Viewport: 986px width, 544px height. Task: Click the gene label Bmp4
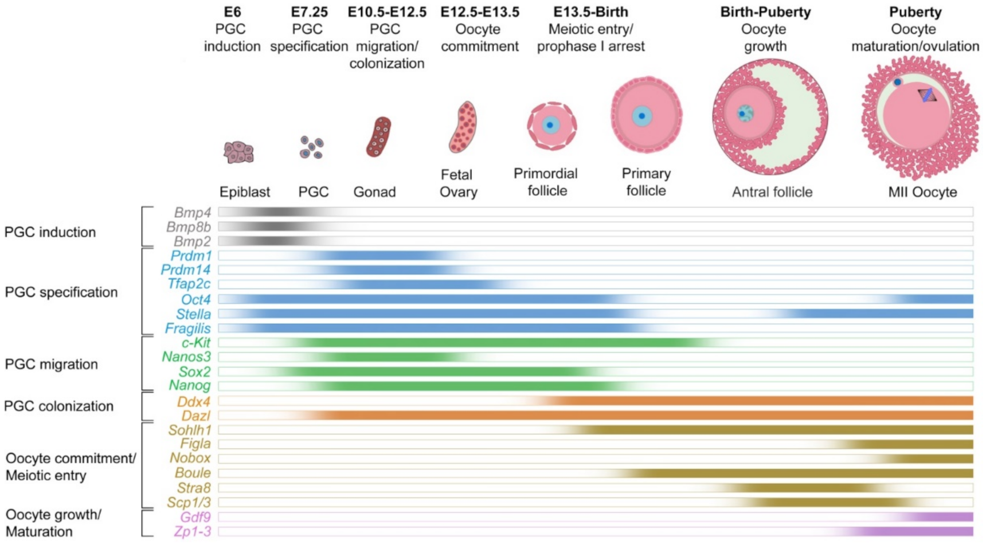(x=193, y=213)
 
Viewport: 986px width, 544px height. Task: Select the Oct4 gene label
(x=196, y=299)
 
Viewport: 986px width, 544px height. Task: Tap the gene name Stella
(x=193, y=314)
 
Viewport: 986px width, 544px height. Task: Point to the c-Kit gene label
(x=196, y=343)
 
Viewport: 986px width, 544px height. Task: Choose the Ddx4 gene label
(x=194, y=401)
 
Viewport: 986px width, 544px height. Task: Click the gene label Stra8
(x=194, y=488)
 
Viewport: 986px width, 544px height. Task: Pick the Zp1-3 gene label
(x=193, y=531)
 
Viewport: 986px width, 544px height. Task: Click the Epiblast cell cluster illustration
(x=238, y=152)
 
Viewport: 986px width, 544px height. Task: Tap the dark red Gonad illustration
(x=378, y=136)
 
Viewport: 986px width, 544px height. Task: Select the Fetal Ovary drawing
(x=463, y=127)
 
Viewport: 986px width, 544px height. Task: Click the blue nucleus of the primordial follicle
(x=550, y=125)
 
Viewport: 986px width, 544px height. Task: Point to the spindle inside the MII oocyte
(x=927, y=95)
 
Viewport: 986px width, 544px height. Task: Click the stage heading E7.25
(x=309, y=12)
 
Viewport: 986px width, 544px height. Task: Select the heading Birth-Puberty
(x=765, y=12)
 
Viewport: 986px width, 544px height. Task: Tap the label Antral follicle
(x=772, y=192)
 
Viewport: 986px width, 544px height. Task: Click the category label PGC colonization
(x=58, y=406)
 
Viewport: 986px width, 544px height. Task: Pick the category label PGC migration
(x=51, y=364)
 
